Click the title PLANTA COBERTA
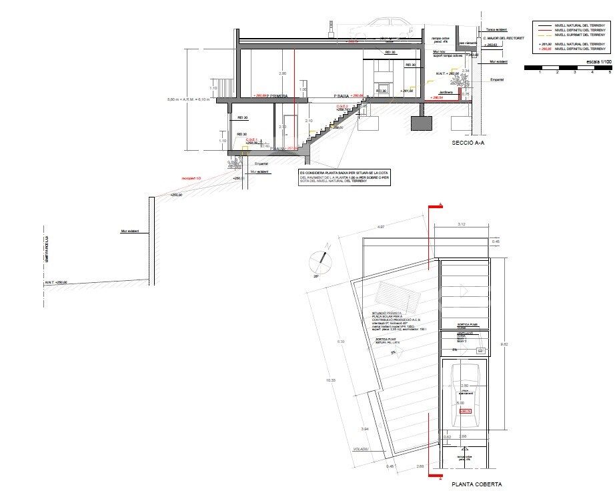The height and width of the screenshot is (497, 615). coord(475,485)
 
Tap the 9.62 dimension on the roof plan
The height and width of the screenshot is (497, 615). coord(504,345)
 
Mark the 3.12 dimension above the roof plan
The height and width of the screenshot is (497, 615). coord(462,225)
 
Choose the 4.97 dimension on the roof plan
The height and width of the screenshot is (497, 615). coord(381,228)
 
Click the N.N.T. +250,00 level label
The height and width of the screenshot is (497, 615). coord(56,282)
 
